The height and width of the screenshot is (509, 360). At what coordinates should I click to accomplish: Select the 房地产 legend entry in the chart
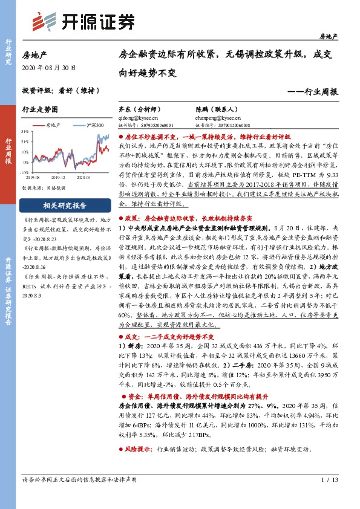point(54,125)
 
